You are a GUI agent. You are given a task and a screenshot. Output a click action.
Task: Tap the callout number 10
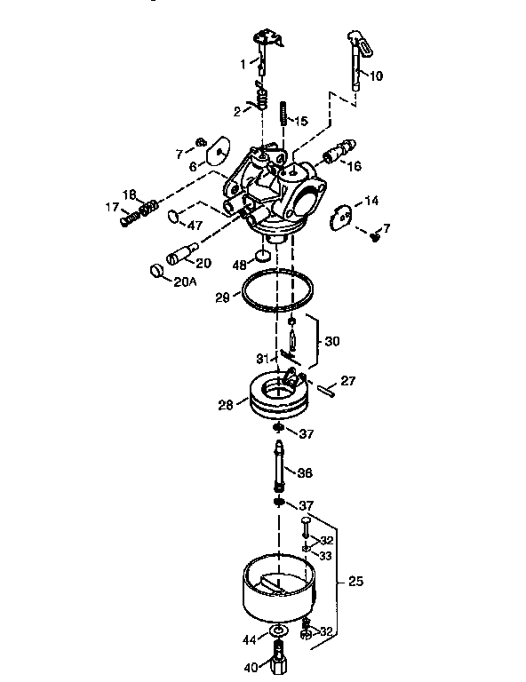pos(376,76)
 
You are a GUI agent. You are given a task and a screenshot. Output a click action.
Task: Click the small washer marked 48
pos(263,257)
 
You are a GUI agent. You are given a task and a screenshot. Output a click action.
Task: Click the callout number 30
pos(331,340)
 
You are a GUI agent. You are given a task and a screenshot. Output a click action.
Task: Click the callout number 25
pos(355,583)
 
